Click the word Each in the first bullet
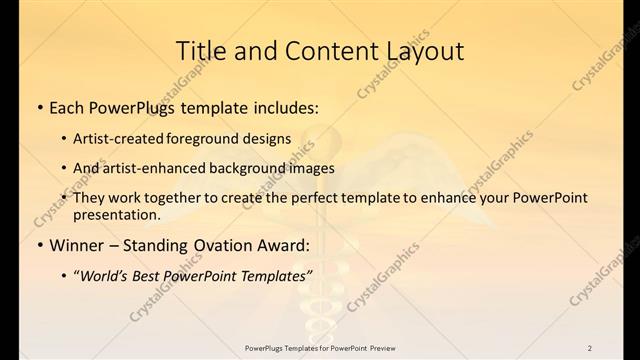(69, 106)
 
